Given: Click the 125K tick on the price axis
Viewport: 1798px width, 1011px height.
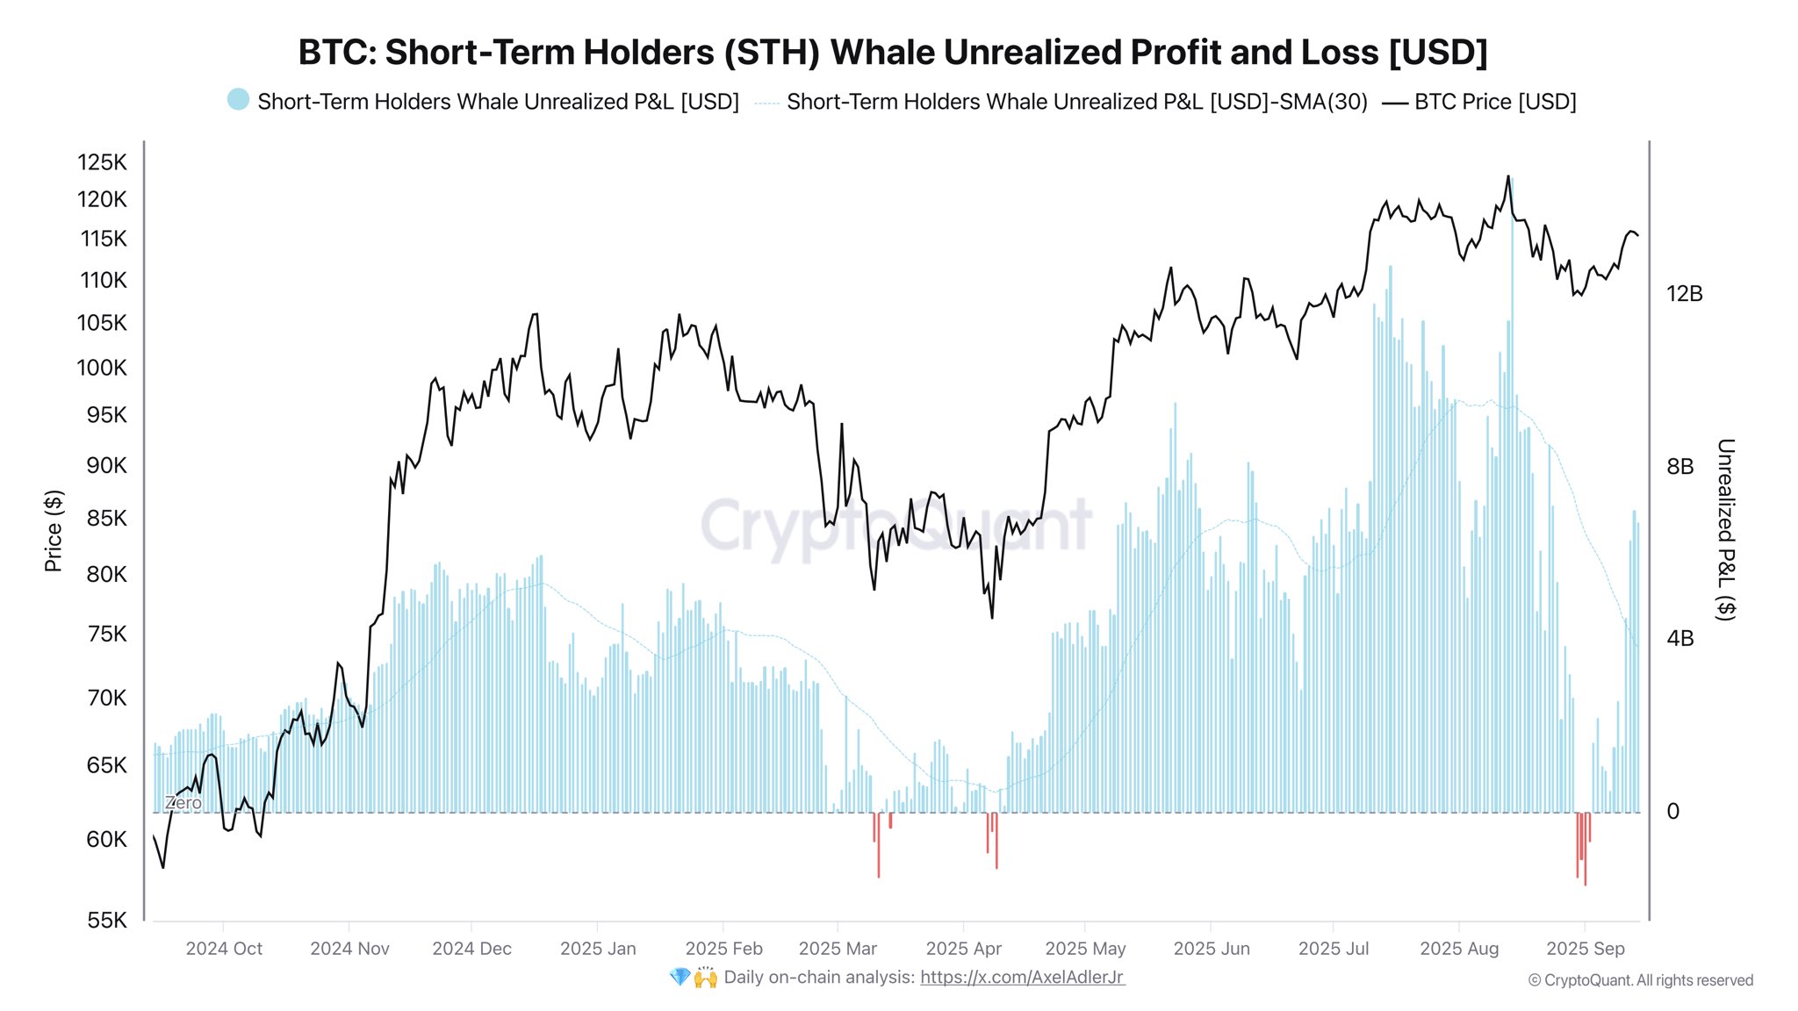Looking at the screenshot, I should [x=102, y=162].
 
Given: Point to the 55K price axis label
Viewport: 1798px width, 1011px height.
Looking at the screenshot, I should [x=106, y=920].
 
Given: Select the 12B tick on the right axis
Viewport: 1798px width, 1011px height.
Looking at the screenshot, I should [x=1684, y=294].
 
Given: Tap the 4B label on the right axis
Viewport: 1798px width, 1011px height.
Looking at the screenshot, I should [x=1679, y=639].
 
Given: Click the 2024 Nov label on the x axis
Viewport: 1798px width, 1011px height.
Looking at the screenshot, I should [x=349, y=949].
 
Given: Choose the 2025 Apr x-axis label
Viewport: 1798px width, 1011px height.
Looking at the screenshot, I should [x=963, y=949].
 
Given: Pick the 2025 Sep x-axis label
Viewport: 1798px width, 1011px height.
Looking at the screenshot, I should [x=1585, y=949].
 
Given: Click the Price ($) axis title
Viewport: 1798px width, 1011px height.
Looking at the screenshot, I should [x=54, y=531].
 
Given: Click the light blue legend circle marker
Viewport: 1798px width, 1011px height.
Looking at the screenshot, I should [x=238, y=100].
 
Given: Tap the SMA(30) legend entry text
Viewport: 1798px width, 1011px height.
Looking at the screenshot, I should [x=1076, y=102].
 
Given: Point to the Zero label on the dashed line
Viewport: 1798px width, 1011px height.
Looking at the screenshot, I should [x=183, y=803].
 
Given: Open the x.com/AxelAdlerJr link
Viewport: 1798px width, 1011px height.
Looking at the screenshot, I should [x=1022, y=977].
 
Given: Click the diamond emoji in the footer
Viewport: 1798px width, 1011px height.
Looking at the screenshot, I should [x=680, y=977].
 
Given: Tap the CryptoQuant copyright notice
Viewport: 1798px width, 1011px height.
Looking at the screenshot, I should [x=1640, y=980].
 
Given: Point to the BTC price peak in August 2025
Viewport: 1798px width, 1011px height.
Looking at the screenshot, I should [x=1508, y=176].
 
